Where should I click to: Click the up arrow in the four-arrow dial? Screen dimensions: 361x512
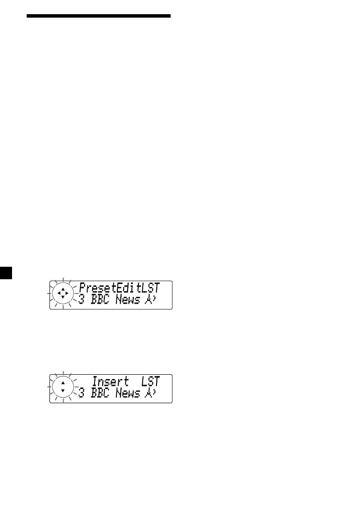point(63,290)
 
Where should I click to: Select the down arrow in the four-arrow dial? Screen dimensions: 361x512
point(63,297)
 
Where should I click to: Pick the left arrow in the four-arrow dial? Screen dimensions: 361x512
point(59,294)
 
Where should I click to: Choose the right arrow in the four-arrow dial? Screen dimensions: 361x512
point(67,294)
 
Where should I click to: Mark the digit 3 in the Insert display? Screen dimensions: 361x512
point(81,394)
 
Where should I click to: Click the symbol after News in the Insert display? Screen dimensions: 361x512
point(150,394)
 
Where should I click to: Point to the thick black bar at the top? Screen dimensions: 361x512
point(98,16)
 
